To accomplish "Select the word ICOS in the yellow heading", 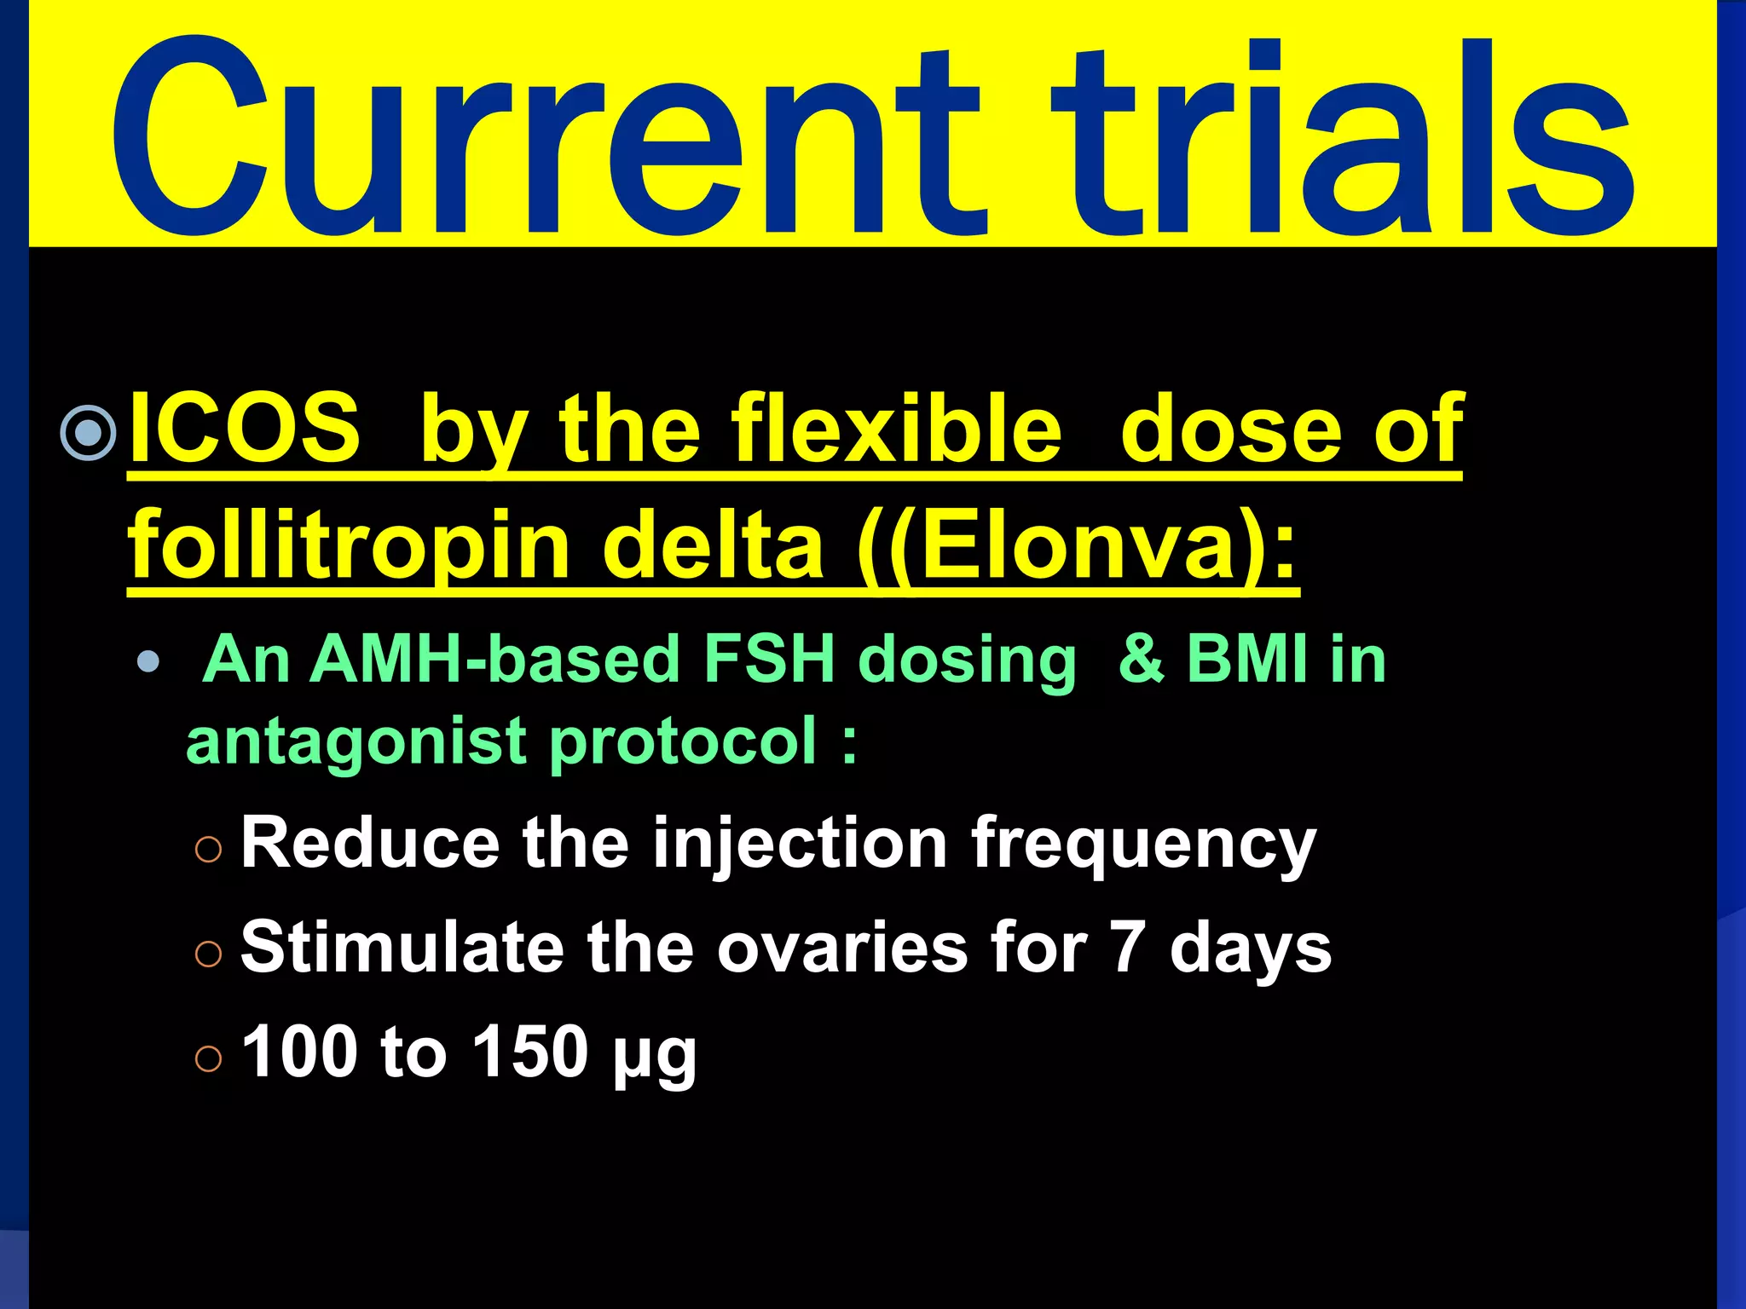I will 245,428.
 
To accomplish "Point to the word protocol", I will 683,741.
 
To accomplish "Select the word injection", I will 801,844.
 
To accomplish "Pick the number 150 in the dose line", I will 529,1052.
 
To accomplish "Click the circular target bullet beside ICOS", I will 89,433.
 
